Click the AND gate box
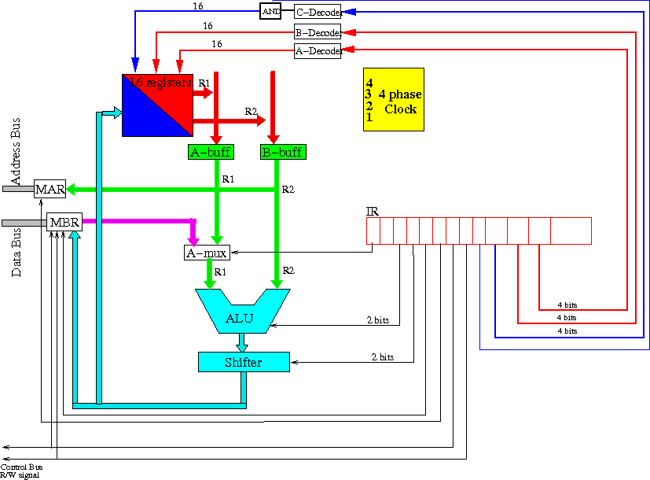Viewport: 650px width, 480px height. coord(270,11)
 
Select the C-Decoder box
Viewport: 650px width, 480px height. coord(318,12)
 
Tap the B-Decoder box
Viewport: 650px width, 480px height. coord(318,32)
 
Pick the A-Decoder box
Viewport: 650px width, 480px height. coord(318,50)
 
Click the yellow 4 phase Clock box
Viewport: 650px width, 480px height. coord(394,100)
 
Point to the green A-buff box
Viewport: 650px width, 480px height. coord(211,152)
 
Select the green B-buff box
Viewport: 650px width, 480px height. coord(283,152)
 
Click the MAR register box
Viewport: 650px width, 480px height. coord(50,189)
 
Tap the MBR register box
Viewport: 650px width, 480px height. coord(64,223)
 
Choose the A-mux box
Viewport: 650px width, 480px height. coord(207,253)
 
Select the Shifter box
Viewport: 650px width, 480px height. coord(244,362)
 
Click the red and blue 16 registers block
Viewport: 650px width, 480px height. coord(157,105)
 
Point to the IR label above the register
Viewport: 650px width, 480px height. coord(373,211)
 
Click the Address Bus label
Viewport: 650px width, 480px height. coord(16,151)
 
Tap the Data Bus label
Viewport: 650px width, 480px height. coord(16,253)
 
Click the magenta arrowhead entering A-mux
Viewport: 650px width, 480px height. coord(193,241)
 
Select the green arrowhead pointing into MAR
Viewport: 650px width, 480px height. coord(71,189)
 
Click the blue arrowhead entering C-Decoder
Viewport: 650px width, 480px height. coord(350,12)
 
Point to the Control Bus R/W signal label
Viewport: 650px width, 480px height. coord(20,471)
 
